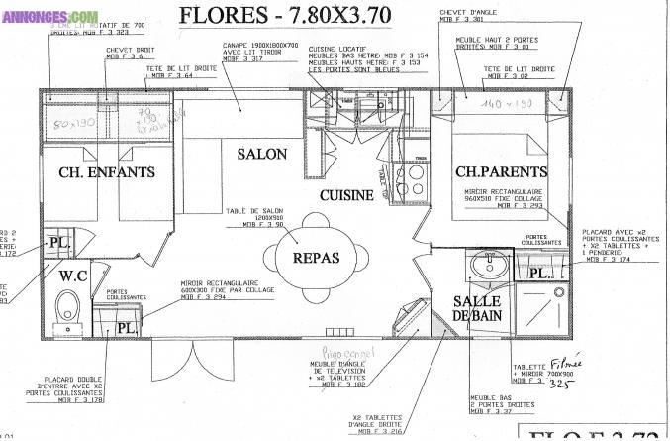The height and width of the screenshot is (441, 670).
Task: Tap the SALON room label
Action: coord(262,154)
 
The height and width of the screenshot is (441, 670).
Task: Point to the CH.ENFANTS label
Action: coord(107,172)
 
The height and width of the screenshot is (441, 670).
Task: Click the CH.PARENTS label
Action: coord(500,171)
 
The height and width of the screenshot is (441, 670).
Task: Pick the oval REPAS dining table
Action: coord(316,258)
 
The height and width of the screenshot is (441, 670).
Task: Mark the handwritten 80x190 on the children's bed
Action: coord(75,124)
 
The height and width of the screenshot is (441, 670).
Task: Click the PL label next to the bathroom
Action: coord(540,272)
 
